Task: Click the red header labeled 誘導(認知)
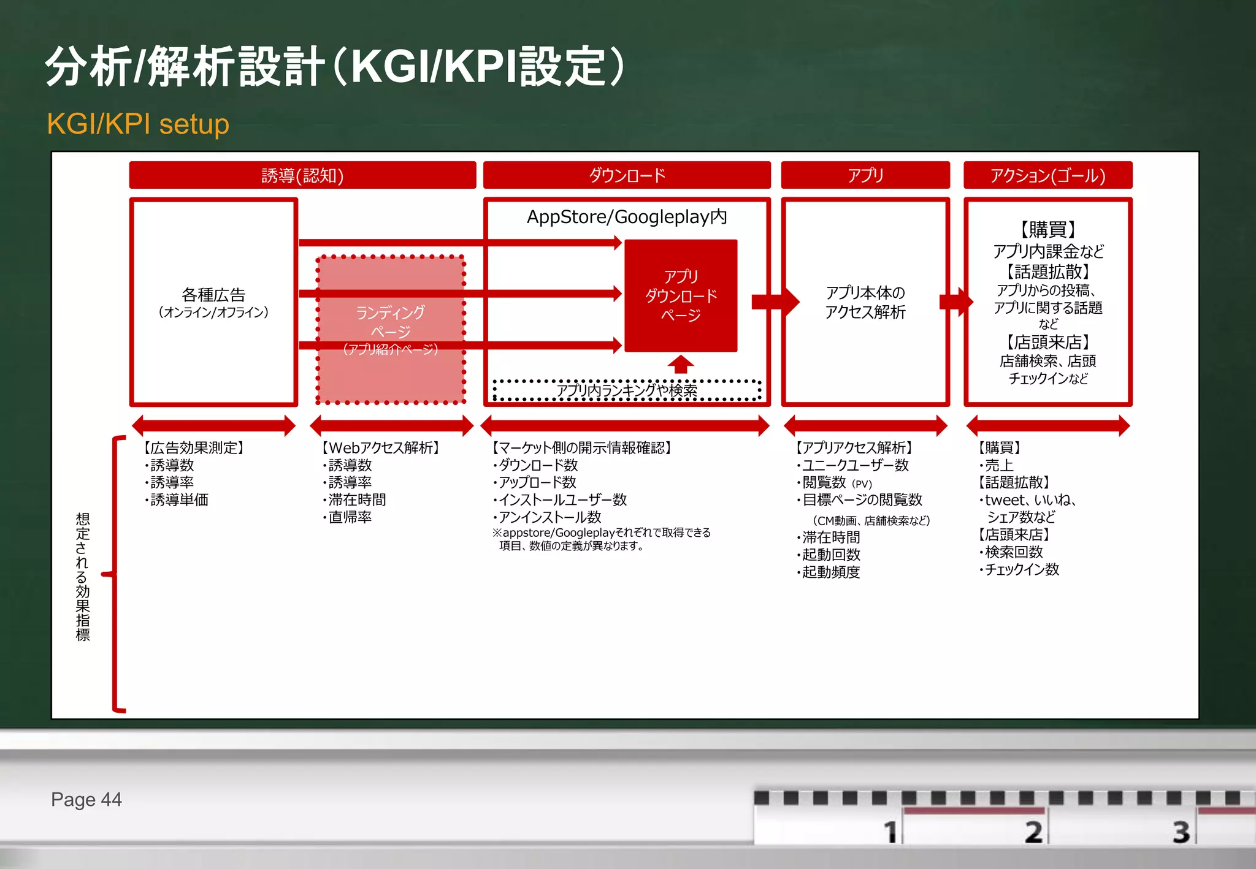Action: pos(302,175)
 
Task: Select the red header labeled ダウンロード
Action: pos(626,175)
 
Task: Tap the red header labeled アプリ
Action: pos(865,175)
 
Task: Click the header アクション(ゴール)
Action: pos(1047,175)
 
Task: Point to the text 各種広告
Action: pos(213,295)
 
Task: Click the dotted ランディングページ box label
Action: pos(391,322)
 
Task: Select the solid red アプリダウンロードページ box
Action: pos(681,295)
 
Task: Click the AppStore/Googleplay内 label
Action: pos(626,217)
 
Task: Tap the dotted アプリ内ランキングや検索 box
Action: pos(626,390)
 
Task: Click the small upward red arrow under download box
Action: pos(681,364)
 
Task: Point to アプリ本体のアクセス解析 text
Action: pos(865,302)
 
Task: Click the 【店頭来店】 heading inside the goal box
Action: pos(1047,342)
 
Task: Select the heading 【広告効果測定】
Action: pos(194,448)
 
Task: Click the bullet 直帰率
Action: pos(350,517)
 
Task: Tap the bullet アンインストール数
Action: pos(549,517)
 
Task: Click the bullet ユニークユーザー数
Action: pos(855,465)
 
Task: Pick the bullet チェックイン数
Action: pos(1021,569)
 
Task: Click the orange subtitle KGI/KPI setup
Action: pos(138,124)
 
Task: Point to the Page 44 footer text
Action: pos(86,799)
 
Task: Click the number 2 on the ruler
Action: pos(1033,832)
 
